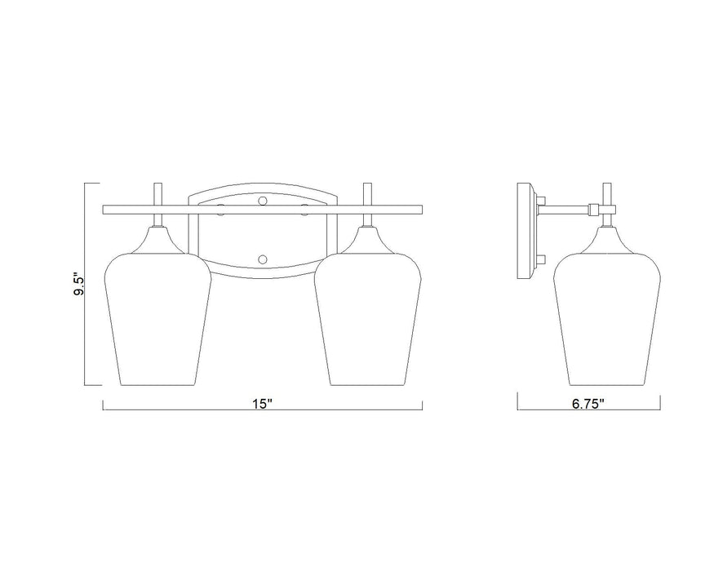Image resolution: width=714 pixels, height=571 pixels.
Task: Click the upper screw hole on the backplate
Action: click(x=262, y=198)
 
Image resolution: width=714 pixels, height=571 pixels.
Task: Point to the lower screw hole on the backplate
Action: click(x=262, y=259)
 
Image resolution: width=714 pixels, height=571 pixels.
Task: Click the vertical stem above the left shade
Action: click(x=160, y=196)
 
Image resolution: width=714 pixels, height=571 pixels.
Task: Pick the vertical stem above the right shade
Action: click(x=369, y=196)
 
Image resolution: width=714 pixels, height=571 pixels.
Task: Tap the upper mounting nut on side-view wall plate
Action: click(x=540, y=199)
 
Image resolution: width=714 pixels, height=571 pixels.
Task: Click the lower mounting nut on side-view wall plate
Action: click(x=540, y=261)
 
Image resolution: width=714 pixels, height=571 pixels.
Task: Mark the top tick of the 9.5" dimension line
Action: click(x=88, y=184)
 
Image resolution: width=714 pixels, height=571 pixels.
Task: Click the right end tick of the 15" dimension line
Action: click(x=423, y=405)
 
